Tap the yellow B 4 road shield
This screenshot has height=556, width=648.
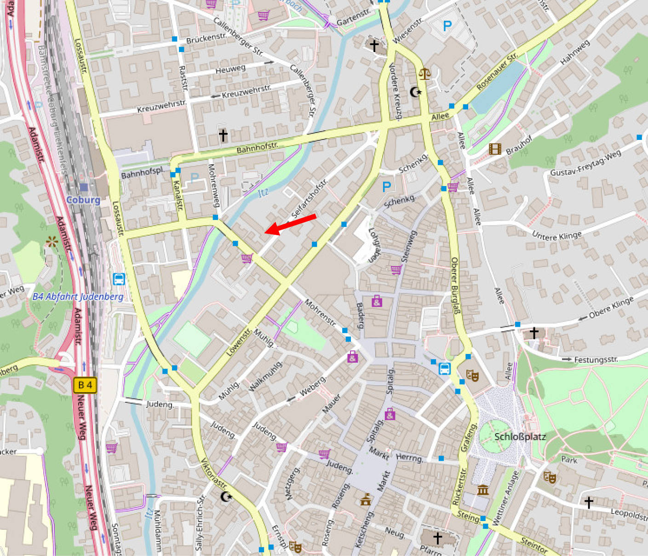pos(85,385)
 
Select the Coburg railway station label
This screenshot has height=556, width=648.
pos(83,200)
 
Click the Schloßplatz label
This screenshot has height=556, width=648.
pos(520,437)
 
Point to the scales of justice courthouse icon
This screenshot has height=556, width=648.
pos(424,73)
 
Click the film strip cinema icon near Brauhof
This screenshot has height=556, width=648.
pos(494,149)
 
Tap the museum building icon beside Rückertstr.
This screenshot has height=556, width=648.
pos(482,490)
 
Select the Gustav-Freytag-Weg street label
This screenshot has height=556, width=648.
pos(585,163)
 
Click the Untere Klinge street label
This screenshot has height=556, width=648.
pos(556,236)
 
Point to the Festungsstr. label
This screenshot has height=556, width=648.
pos(596,359)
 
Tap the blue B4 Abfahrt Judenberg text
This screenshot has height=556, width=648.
pos(78,297)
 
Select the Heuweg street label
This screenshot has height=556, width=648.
pos(230,69)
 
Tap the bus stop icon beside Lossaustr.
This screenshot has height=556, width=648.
pos(119,279)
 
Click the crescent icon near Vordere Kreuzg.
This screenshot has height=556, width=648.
pos(415,92)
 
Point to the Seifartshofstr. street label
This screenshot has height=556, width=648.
pos(310,198)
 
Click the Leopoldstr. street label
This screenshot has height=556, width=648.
pos(628,515)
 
